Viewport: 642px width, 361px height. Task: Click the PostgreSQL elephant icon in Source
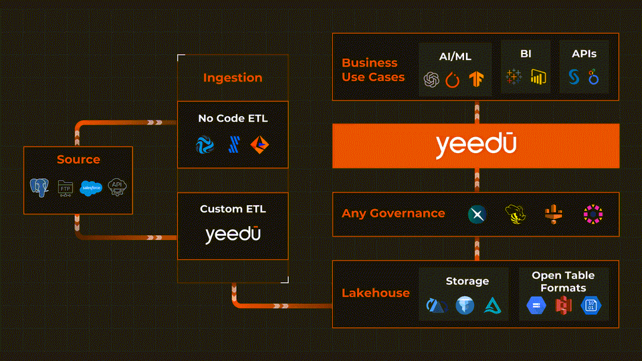pos(39,187)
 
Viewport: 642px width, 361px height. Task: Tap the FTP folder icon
pos(65,189)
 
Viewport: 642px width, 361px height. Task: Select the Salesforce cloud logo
pos(91,188)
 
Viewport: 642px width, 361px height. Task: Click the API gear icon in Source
pos(117,187)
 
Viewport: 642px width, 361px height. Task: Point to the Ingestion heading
pos(233,78)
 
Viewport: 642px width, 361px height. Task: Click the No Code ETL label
pos(233,118)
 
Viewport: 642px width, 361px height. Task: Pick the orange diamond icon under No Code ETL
pos(259,144)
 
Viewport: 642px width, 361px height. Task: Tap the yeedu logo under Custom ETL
pos(233,234)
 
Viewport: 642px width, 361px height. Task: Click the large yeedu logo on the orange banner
pos(476,145)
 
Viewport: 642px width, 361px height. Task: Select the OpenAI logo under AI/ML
pos(431,80)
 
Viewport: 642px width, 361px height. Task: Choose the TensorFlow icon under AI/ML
pos(476,79)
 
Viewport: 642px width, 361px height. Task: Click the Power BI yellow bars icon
pos(538,77)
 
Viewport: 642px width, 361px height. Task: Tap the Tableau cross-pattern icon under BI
pos(514,77)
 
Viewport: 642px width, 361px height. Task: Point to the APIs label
pos(584,53)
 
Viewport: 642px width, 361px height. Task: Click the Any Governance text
pos(393,213)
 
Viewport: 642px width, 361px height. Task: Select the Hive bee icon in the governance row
pos(515,215)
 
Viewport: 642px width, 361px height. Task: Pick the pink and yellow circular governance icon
pos(593,214)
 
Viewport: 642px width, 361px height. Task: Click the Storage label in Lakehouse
pos(467,281)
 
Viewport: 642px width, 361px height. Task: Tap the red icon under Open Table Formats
pos(563,306)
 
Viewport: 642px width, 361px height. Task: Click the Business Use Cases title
pos(373,70)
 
